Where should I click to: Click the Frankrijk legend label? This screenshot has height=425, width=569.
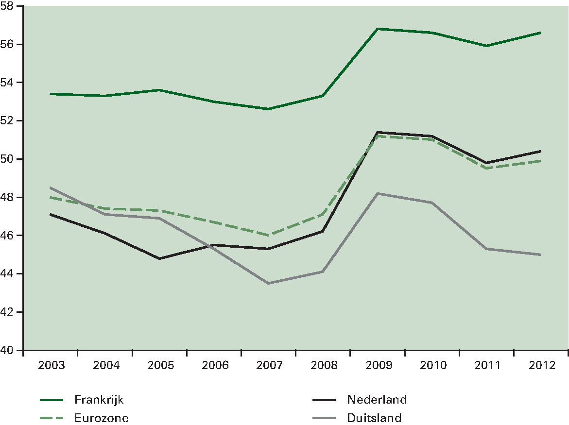99,400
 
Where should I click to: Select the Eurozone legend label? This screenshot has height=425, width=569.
102,417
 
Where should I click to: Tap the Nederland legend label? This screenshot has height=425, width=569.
377,400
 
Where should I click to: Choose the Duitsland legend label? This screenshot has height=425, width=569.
374,417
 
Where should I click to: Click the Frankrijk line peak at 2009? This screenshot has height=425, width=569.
378,29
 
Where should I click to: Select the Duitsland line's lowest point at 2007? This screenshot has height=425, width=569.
269,283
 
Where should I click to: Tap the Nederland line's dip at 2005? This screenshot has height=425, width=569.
159,258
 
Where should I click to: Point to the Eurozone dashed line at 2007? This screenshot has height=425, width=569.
269,236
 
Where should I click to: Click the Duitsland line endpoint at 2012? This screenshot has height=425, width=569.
541,255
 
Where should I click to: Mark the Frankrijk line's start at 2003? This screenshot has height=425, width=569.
51,94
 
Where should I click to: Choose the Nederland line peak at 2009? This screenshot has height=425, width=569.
378,132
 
